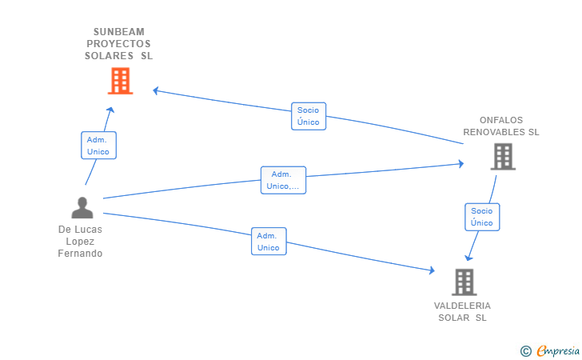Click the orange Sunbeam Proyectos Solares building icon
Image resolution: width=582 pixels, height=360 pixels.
point(119,81)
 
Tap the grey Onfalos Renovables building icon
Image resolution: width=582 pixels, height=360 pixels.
point(502,157)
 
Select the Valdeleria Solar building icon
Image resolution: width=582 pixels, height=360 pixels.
point(464,282)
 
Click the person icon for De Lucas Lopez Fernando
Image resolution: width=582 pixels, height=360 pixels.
point(82,208)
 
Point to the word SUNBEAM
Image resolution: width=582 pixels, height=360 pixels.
point(118,32)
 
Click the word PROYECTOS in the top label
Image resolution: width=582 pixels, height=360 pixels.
point(118,44)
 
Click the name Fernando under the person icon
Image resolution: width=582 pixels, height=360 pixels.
point(80,254)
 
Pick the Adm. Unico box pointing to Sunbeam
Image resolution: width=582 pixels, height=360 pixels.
point(98,145)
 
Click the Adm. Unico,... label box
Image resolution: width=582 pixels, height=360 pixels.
point(283,180)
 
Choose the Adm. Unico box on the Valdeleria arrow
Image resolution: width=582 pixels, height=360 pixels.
point(269,242)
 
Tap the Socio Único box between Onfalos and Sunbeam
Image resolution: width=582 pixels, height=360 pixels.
point(308,116)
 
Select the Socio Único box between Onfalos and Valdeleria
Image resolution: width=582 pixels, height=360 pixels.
point(481,217)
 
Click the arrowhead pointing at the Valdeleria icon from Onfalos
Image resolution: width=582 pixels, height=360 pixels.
point(469,257)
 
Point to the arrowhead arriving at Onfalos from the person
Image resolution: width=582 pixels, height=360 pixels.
point(460,164)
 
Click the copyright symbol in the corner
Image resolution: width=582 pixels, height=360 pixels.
point(525,350)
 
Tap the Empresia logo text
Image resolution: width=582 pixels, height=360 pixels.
point(558,350)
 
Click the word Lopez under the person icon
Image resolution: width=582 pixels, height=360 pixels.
point(80,242)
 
